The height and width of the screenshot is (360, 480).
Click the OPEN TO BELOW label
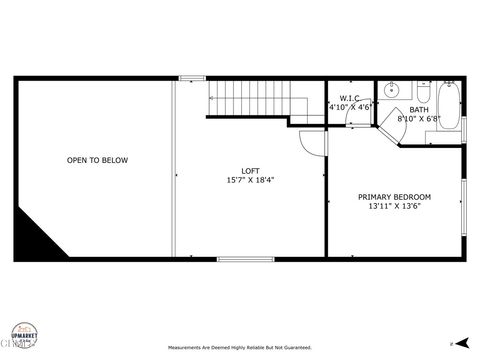coord(97,160)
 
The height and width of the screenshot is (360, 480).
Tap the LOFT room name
coord(250,171)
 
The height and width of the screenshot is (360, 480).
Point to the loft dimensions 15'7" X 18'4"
coord(250,181)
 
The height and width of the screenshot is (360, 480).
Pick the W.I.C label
coord(350,98)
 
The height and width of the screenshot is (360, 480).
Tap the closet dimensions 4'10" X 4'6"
coord(350,107)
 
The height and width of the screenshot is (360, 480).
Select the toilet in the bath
coord(424,92)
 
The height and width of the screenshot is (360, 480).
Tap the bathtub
coord(449,107)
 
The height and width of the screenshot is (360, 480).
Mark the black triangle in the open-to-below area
coord(36,237)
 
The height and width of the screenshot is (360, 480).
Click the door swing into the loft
coord(314,141)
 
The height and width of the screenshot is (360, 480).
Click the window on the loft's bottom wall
coord(245,259)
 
